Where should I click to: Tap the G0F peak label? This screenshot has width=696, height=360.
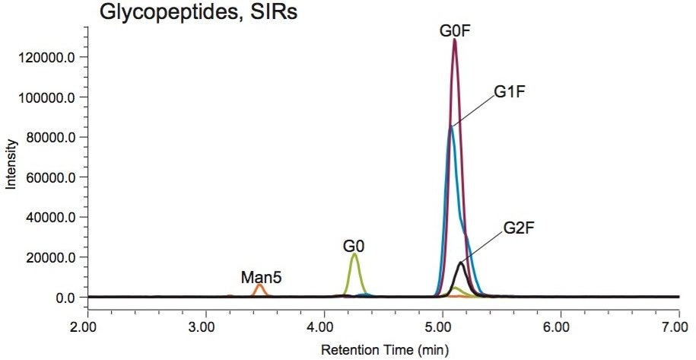(x=454, y=31)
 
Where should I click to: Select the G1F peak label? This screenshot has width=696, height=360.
(x=510, y=92)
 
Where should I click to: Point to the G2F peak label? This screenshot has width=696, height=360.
(x=520, y=228)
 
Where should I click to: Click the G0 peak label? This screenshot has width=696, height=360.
(x=353, y=246)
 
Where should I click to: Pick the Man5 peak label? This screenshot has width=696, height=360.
(x=262, y=277)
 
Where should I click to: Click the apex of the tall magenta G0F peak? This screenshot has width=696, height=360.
(x=454, y=40)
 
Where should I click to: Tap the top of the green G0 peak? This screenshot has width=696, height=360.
(x=354, y=254)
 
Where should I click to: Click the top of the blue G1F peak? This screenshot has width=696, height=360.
(x=450, y=126)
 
